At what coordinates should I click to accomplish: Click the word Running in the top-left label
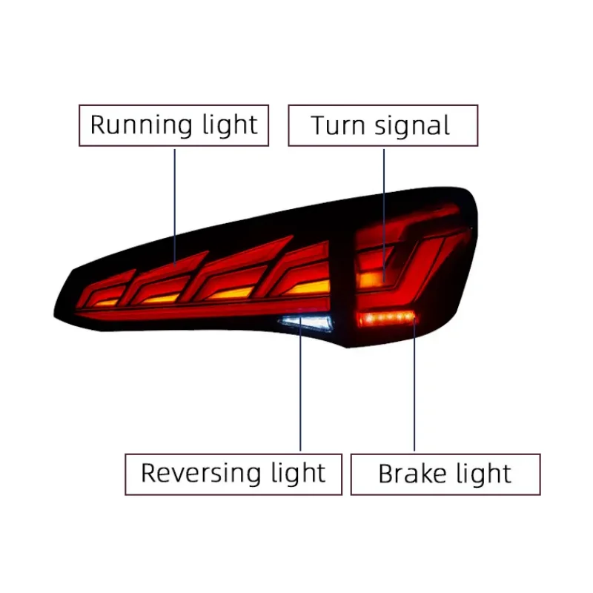click(142, 125)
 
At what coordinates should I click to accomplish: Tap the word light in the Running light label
click(230, 125)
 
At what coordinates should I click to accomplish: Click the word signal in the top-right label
click(412, 126)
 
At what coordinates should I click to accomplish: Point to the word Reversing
click(201, 473)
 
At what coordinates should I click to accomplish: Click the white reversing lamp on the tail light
click(306, 322)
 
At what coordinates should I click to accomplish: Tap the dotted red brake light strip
click(385, 319)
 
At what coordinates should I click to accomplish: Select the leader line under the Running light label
click(175, 208)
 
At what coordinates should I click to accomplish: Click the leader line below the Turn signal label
click(384, 215)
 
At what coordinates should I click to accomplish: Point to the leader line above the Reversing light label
click(300, 383)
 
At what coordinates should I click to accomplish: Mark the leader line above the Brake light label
click(414, 383)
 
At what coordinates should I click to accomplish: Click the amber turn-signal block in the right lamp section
click(371, 280)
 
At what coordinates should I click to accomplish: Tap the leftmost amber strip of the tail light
click(106, 303)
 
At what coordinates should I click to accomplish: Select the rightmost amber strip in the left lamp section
click(308, 288)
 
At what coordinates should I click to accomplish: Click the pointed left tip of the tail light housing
click(54, 314)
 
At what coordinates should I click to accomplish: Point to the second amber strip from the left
click(161, 299)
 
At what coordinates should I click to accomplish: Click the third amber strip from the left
click(231, 293)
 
